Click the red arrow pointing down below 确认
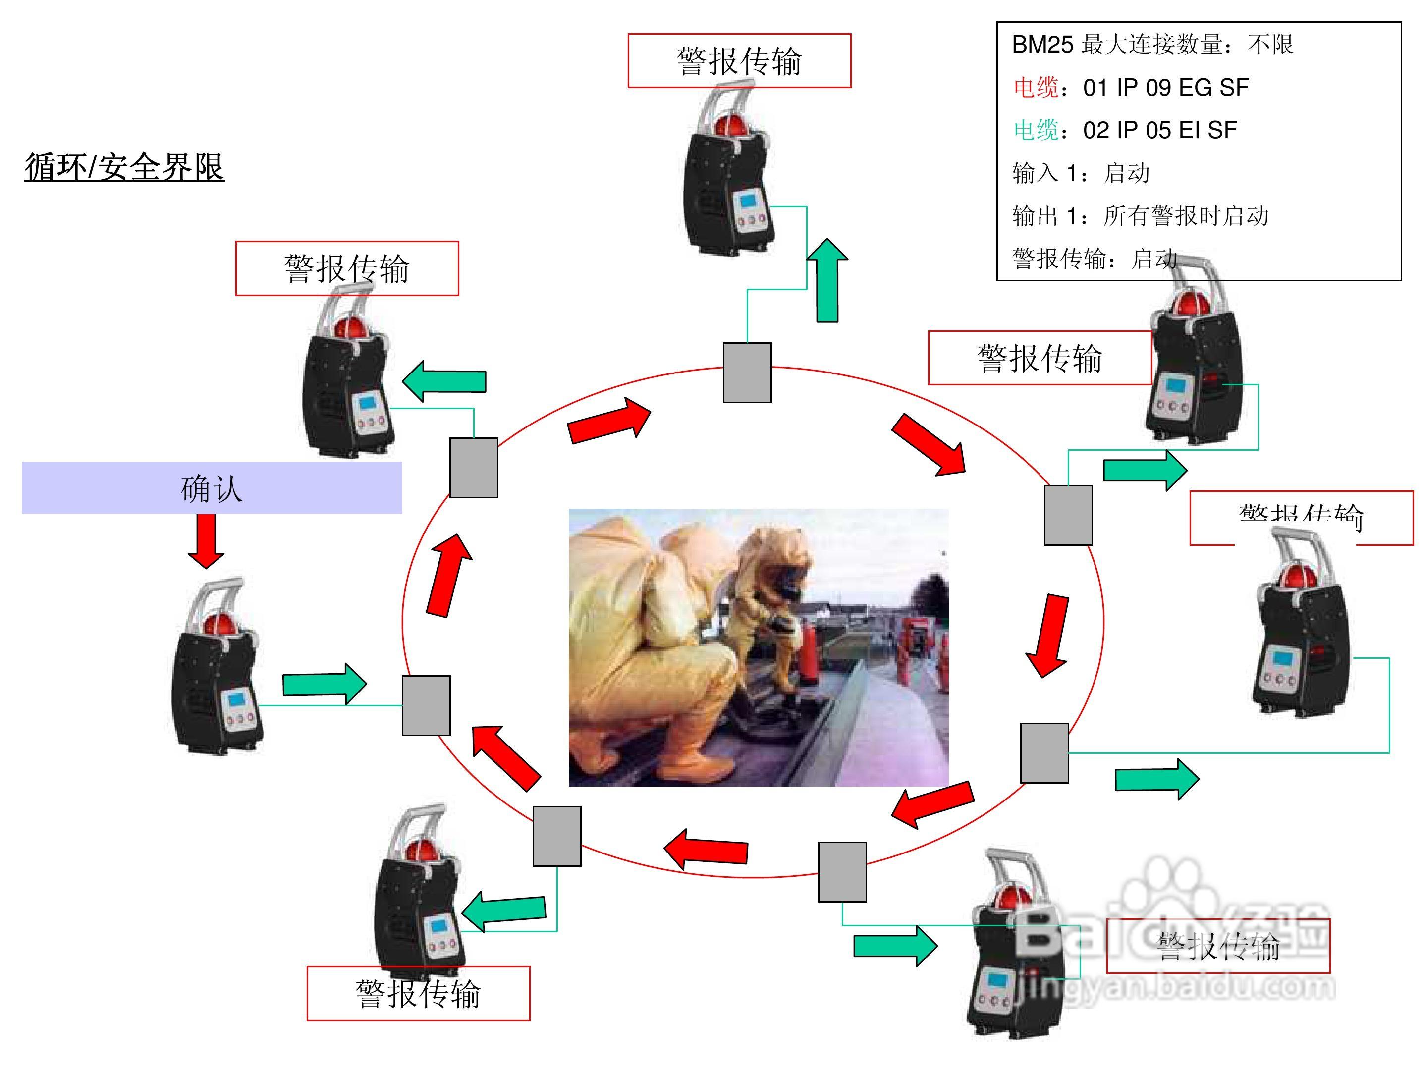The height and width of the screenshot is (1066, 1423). pos(206,541)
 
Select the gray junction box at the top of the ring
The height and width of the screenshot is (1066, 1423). pos(747,373)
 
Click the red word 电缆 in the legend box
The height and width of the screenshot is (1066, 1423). pos(1036,88)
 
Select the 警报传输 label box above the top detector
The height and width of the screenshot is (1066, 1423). pos(739,60)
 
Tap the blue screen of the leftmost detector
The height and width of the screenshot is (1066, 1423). pos(235,699)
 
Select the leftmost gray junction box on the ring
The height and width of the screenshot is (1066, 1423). pos(426,705)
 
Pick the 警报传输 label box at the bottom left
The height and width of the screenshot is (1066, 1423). pos(418,993)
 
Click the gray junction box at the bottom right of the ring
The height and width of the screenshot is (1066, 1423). pos(842,872)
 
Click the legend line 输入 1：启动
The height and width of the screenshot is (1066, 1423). pos(1081,173)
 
